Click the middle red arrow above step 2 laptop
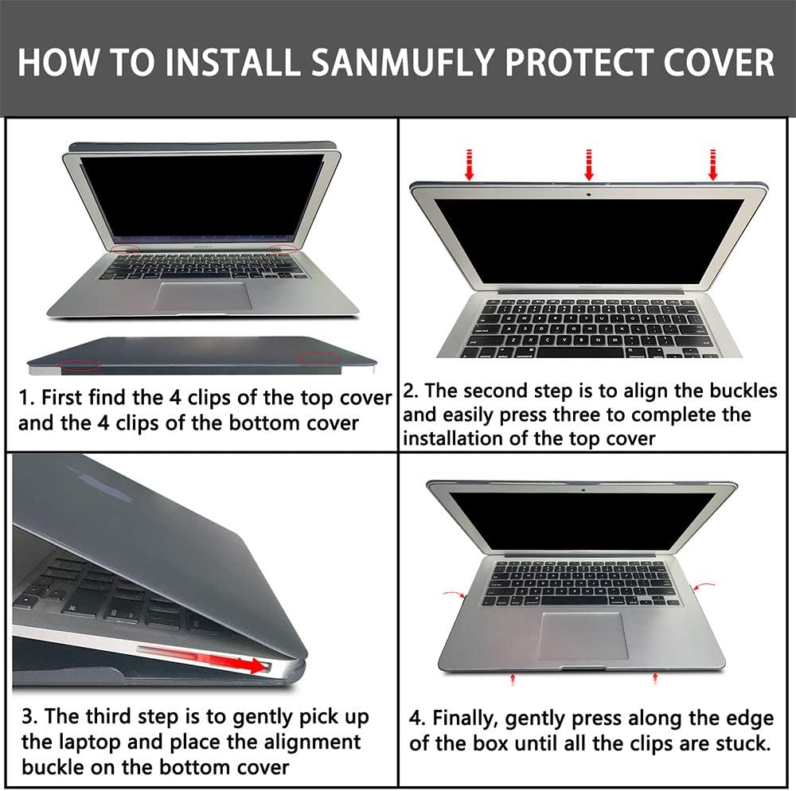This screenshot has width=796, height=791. [589, 164]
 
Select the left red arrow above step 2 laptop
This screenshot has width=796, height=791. [470, 164]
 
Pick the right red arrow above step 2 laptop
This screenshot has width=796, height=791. [712, 164]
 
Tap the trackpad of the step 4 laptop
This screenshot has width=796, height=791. [583, 634]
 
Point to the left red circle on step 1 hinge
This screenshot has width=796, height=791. [125, 250]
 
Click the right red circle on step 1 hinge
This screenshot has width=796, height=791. [283, 250]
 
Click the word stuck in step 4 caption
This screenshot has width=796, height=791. [741, 745]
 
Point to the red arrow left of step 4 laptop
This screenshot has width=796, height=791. [454, 594]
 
